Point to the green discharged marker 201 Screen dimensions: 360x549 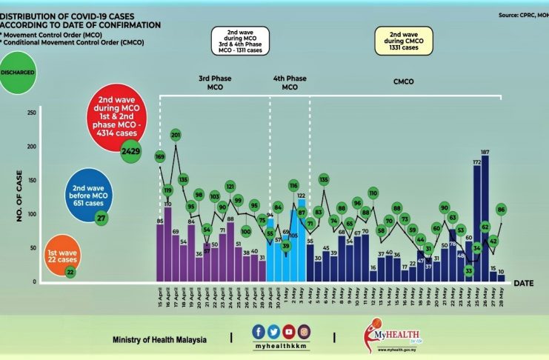click(x=176, y=136)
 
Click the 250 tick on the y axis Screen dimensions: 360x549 click(x=30, y=113)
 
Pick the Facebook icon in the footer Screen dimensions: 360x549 click(x=258, y=332)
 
